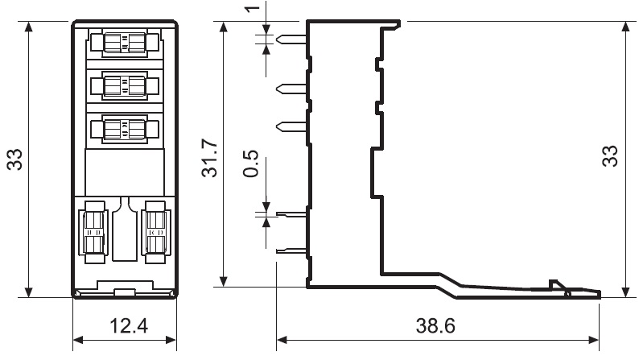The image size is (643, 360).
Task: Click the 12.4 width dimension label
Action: (128, 326)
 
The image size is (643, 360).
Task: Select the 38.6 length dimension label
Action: (435, 326)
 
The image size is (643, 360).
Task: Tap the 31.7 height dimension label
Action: (209, 158)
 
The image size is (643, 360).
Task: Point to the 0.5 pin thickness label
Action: (251, 163)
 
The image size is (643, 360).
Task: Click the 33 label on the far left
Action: (14, 159)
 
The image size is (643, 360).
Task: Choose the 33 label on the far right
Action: (610, 156)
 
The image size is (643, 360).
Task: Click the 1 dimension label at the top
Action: (253, 8)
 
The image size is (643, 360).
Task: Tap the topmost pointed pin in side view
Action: (291, 39)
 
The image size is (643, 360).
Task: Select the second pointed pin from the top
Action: (291, 89)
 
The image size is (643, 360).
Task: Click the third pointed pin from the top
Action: (291, 126)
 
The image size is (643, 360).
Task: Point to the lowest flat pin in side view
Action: (291, 250)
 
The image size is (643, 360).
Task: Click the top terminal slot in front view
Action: (125, 43)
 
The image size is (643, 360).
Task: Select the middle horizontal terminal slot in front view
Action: (125, 85)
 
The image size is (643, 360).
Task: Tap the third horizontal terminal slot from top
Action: (125, 129)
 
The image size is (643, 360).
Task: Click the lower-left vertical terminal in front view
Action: (94, 232)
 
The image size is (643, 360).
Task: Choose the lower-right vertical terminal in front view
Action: (155, 232)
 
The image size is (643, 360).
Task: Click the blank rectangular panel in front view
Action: (125, 172)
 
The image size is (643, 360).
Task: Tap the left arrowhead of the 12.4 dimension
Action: (78, 340)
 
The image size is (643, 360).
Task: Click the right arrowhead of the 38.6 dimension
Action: (594, 340)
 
